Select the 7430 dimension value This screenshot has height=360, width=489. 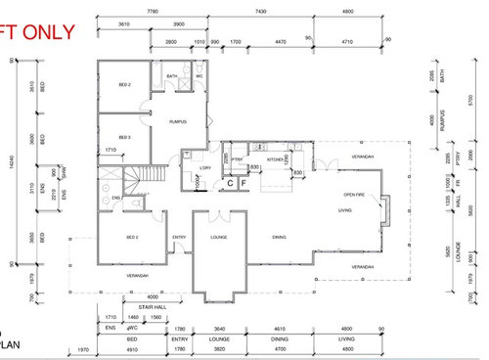[x=289, y=9]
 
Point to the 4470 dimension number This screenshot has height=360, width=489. [x=280, y=43]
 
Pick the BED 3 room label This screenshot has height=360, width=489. [x=124, y=137]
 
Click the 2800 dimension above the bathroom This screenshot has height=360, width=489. [x=169, y=43]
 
